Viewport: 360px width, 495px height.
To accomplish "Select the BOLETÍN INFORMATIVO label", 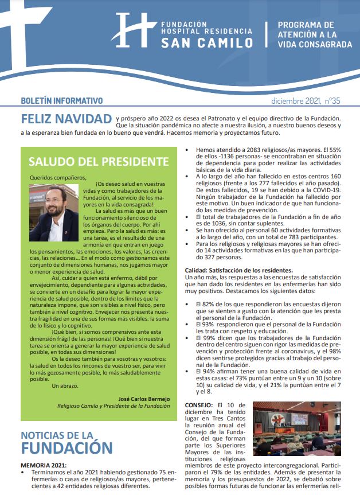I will coord(61,100).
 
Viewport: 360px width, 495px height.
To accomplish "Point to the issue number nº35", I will coord(331,101).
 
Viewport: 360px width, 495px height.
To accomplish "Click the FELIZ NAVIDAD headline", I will coord(66,119).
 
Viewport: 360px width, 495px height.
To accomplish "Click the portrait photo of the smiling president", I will coord(55,204).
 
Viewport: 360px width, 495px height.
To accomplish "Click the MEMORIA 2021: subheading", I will coord(44,465).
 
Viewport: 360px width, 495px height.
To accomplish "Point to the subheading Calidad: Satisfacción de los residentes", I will coord(238,270).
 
